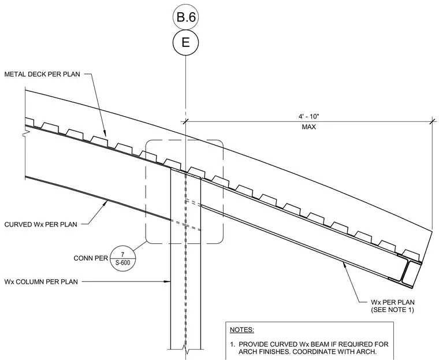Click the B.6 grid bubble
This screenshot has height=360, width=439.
[x=185, y=17]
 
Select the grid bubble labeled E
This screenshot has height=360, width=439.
[x=185, y=43]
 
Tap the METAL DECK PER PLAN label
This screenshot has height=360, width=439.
[x=42, y=74]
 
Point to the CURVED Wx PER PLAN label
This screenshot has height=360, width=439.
[x=40, y=224]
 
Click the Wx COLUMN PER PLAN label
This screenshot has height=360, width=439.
[x=41, y=281]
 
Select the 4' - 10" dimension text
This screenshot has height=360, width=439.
[x=309, y=116]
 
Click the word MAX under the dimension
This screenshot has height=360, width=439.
[x=309, y=127]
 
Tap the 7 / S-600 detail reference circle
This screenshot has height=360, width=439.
[x=122, y=259]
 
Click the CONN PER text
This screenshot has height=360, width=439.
[x=91, y=258]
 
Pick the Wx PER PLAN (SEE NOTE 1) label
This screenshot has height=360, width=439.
[x=393, y=306]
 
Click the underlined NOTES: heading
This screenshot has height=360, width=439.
[x=242, y=330]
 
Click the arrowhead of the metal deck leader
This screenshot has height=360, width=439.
[x=106, y=134]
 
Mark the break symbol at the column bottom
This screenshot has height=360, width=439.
[x=185, y=349]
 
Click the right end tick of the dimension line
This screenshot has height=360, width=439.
[x=433, y=121]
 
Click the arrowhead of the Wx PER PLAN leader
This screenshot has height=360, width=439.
[x=344, y=264]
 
